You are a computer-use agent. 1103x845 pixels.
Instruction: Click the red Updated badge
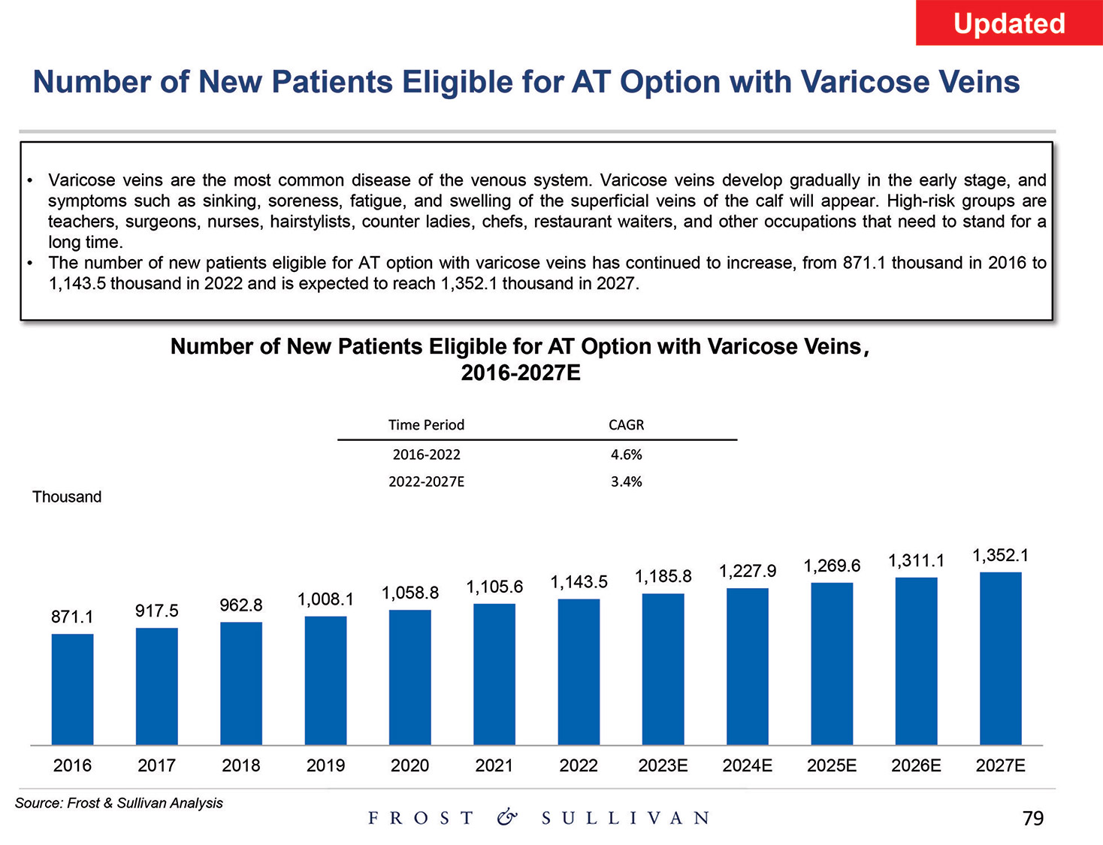point(1008,23)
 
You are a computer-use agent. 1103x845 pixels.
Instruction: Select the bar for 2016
point(72,689)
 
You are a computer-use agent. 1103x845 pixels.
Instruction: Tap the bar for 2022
point(579,671)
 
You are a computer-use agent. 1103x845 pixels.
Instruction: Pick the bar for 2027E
point(1000,658)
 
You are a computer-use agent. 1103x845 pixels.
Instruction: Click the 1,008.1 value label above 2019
point(325,599)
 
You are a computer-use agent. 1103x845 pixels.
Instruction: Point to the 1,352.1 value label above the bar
point(1000,556)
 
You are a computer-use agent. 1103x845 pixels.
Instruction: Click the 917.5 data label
point(156,611)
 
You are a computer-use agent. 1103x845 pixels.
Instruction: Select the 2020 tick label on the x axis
point(409,765)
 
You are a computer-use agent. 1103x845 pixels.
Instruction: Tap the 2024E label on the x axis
point(747,765)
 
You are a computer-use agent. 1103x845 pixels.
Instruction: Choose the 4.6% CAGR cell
point(626,454)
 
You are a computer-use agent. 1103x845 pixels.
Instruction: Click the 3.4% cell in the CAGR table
point(626,481)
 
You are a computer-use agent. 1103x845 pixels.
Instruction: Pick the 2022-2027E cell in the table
point(426,481)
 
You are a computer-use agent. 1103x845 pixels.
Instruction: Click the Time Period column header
point(426,425)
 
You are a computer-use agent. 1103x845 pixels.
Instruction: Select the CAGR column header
point(626,425)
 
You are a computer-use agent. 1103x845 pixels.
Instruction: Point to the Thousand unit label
point(67,497)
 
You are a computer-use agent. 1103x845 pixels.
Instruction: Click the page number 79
point(1033,819)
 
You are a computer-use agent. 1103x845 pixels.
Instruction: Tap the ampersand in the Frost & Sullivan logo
point(507,817)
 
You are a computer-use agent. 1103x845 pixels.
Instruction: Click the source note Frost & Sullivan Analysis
point(119,803)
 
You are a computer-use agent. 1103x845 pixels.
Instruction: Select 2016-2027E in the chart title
point(520,373)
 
